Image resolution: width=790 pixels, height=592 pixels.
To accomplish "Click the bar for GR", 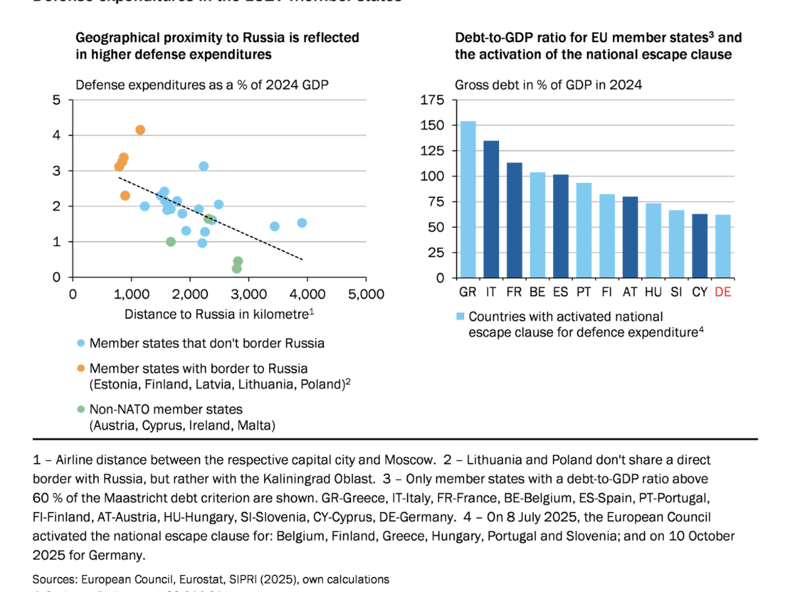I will [x=468, y=199].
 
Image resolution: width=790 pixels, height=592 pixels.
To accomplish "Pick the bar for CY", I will [x=700, y=245].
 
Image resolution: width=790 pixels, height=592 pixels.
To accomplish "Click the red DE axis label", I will [x=723, y=292].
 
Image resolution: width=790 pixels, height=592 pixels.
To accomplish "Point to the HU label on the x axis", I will [x=653, y=292].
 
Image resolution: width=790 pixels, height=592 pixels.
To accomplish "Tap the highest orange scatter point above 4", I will [x=140, y=130].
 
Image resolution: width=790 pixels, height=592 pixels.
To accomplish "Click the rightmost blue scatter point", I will [x=302, y=223].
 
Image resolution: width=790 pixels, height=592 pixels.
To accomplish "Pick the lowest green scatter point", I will [x=236, y=268].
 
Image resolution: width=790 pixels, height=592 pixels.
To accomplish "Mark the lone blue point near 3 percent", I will [x=203, y=166].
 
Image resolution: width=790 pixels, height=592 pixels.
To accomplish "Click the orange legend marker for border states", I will [x=81, y=369].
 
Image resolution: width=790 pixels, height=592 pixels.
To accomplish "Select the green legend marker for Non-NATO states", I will [x=81, y=409].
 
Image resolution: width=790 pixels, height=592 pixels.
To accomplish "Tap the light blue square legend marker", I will [x=461, y=317].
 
